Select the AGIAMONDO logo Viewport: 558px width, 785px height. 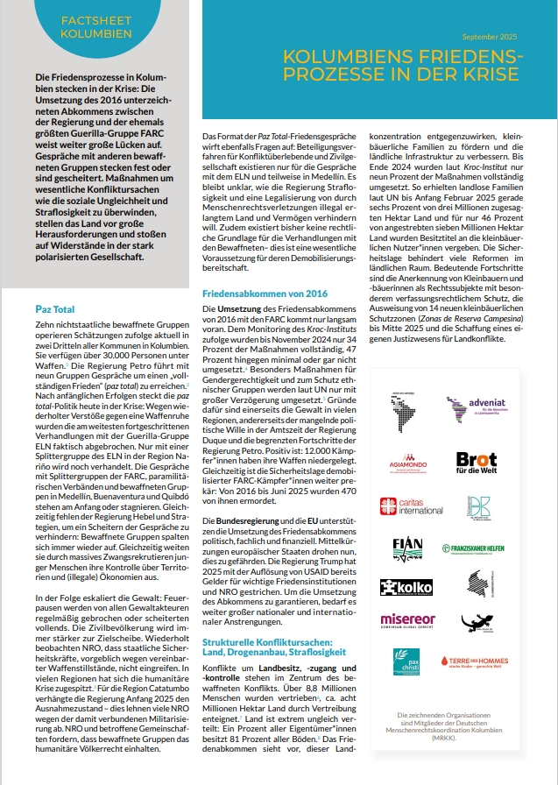[410, 462]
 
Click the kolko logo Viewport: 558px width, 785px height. [408, 588]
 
